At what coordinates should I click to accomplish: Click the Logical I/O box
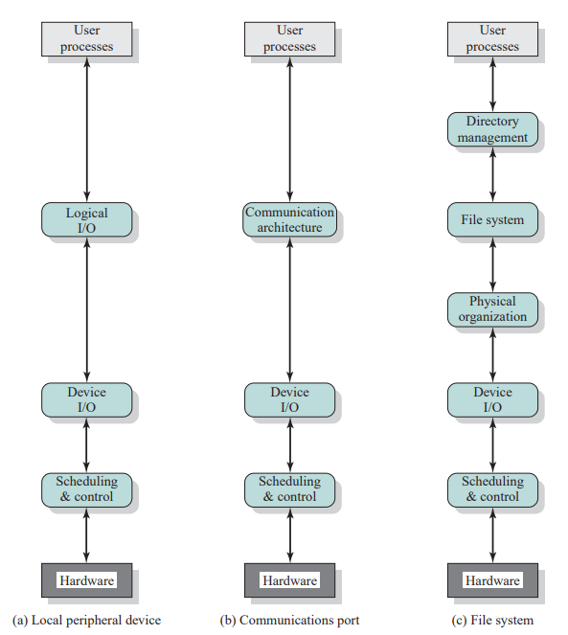87,219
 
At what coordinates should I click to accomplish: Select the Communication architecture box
289,219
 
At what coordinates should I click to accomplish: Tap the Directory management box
492,129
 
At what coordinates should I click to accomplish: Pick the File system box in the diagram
492,219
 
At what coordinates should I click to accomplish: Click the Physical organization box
492,309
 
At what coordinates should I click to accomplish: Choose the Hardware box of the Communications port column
289,579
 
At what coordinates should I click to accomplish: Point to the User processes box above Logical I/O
87,39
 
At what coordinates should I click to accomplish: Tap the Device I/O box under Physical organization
492,399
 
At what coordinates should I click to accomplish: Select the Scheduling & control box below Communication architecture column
289,490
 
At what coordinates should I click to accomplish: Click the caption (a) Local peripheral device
87,620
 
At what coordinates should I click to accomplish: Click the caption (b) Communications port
289,620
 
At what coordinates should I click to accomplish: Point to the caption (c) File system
492,620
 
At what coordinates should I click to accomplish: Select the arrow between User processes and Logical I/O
87,129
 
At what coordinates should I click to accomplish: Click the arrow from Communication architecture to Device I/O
289,309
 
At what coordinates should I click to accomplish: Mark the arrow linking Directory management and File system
492,174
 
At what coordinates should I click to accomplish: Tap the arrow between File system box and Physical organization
492,264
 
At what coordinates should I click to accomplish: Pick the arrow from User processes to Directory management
492,84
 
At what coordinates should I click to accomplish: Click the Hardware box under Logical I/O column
87,579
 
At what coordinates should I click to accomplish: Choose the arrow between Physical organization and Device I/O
492,354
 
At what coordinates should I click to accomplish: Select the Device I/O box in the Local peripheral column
87,399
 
